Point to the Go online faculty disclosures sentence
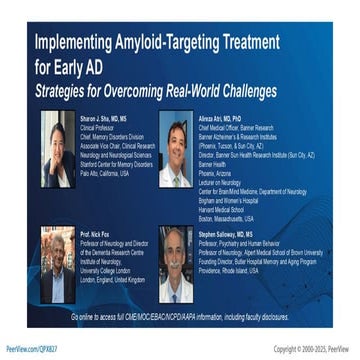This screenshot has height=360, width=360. tap(180, 315)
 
